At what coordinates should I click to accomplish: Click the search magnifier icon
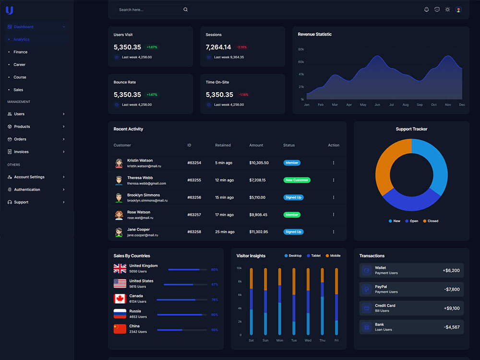tap(185, 10)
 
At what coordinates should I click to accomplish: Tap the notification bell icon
tap(426, 10)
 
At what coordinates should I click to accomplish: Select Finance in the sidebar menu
tap(21, 52)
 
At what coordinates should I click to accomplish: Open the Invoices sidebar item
tap(21, 152)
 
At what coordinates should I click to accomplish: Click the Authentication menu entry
tap(27, 190)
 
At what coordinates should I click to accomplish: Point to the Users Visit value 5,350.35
tap(127, 47)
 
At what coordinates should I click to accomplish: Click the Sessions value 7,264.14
tap(218, 47)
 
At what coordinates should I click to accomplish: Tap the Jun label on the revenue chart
tap(377, 105)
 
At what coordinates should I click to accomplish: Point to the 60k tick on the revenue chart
tap(301, 62)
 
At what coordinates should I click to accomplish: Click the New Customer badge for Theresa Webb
tap(297, 180)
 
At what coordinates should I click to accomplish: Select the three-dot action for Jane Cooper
tap(334, 232)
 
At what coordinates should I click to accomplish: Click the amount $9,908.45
tap(258, 215)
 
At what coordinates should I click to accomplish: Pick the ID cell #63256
tap(194, 197)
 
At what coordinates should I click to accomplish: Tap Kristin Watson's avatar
tap(119, 163)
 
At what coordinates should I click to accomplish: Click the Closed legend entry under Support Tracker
tap(431, 221)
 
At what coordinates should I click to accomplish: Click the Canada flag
tap(120, 299)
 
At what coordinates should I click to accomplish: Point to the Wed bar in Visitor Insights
tap(308, 301)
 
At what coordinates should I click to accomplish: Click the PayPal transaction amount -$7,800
tap(452, 289)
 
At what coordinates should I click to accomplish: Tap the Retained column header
tap(223, 145)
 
